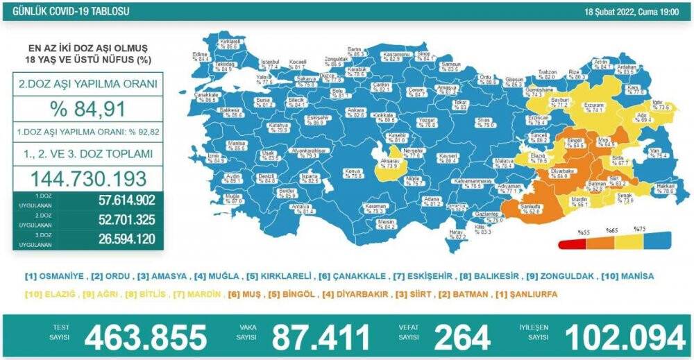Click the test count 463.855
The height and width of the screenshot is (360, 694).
pos(145,337)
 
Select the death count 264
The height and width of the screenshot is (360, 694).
pos(462,337)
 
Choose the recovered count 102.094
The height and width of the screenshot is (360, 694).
pos(624,337)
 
